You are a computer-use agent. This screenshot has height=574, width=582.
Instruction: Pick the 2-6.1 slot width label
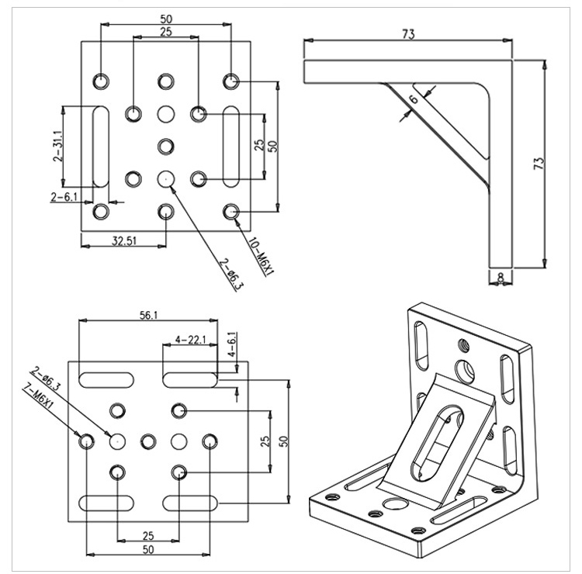(x=64, y=197)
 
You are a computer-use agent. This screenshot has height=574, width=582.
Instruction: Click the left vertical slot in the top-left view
(x=101, y=146)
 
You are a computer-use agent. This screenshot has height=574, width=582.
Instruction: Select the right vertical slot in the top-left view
(x=231, y=146)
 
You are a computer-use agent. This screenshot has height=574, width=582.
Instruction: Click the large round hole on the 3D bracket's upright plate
(x=466, y=369)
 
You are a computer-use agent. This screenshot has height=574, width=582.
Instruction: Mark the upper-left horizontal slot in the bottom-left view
(x=107, y=379)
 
